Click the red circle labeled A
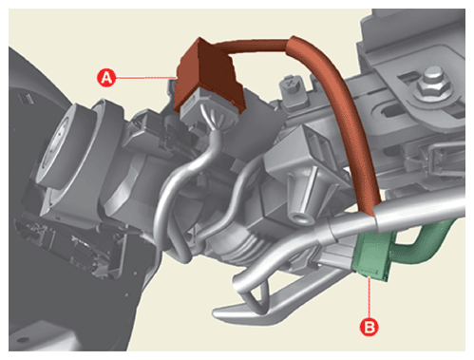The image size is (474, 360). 106,78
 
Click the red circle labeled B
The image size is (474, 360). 370,327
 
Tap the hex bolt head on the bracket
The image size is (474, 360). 431,83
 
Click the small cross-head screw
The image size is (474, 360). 290,85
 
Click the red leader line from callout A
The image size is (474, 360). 145,77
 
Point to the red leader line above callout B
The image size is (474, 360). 370,297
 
